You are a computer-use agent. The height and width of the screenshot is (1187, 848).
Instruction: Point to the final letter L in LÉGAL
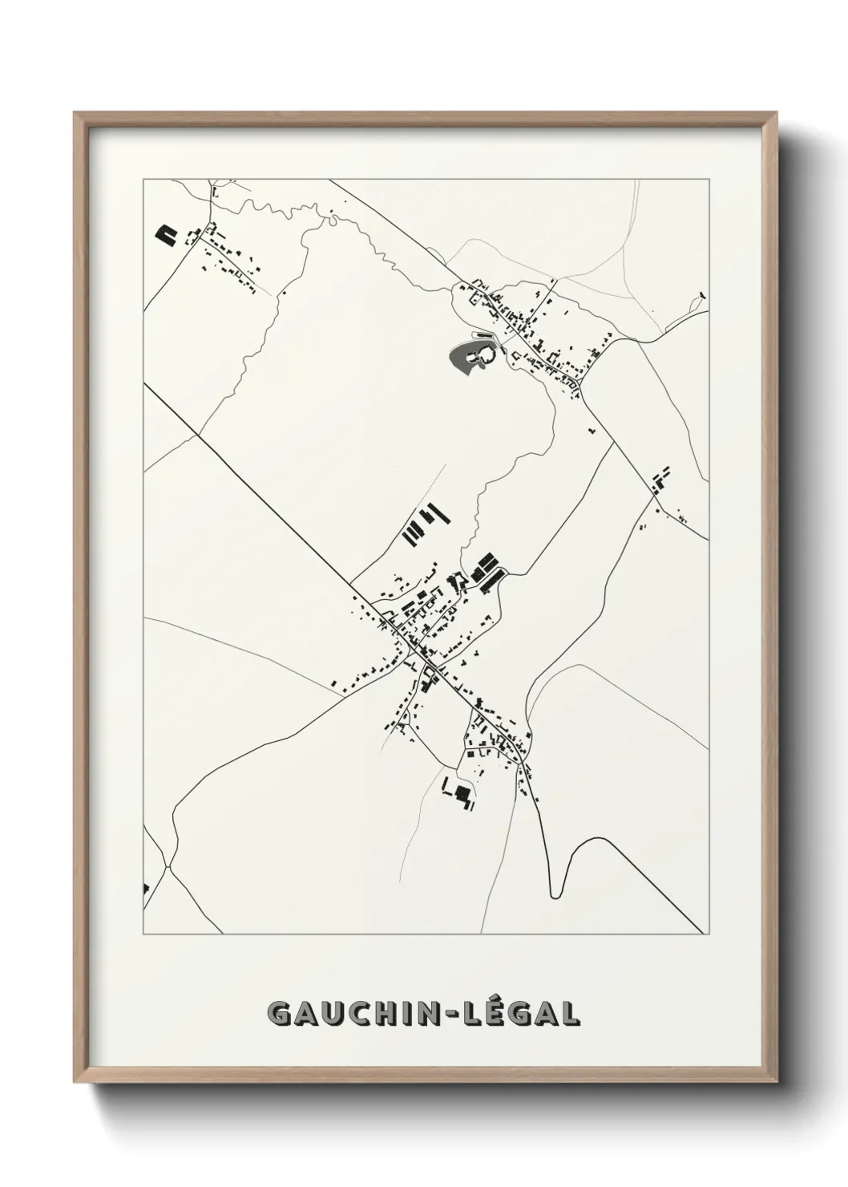(568, 1013)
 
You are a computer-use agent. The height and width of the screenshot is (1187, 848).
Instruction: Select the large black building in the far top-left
(166, 234)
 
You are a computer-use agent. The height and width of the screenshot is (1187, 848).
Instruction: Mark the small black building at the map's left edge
(146, 888)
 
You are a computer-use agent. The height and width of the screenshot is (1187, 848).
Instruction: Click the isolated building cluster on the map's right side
(660, 481)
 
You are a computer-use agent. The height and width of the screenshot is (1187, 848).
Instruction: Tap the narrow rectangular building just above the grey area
(485, 333)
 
